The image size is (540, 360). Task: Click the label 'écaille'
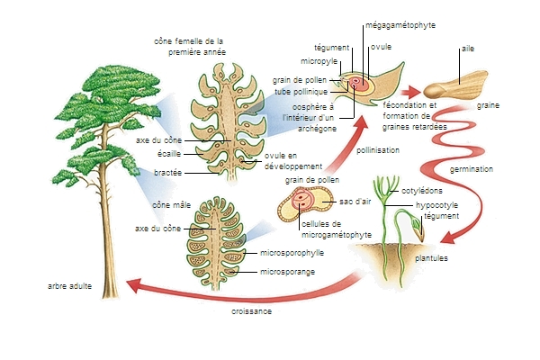170,154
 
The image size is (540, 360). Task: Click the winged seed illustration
454,87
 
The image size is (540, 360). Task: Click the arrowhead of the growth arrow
131,285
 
